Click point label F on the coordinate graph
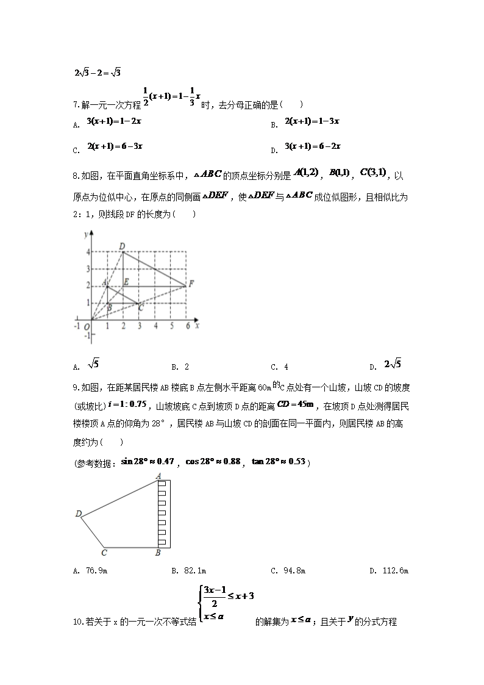click(191, 284)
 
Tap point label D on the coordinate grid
click(122, 246)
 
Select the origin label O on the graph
click(87, 327)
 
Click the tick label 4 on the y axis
click(87, 252)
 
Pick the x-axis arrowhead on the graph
click(194, 319)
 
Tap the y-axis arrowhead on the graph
click(91, 233)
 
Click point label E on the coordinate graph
click(126, 282)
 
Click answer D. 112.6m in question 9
click(389, 571)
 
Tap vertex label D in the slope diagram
click(79, 514)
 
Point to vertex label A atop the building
click(158, 475)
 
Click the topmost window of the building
click(162, 484)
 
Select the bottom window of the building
click(162, 542)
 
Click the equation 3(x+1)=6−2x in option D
click(313, 146)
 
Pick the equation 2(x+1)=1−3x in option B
click(312, 121)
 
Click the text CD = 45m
click(295, 404)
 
